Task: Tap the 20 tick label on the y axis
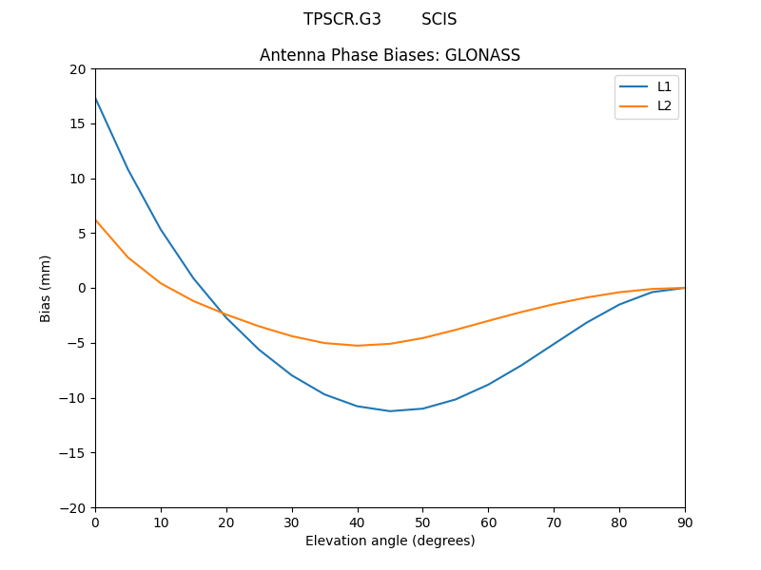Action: (x=78, y=69)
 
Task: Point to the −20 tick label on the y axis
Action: (x=74, y=507)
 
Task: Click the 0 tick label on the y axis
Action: (x=82, y=288)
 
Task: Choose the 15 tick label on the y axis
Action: (x=78, y=123)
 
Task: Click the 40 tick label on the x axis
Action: (x=357, y=522)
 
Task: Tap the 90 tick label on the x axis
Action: (x=685, y=522)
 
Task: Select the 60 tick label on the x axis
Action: (x=488, y=522)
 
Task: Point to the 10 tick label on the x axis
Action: (x=161, y=522)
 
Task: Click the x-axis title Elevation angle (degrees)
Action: (x=390, y=541)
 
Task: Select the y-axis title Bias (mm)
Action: (x=46, y=288)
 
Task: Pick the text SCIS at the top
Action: (x=439, y=19)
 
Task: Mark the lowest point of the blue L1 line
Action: (x=390, y=411)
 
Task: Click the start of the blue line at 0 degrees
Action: (x=96, y=98)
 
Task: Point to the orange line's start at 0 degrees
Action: (x=96, y=220)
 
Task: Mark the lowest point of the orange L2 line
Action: (x=357, y=346)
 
